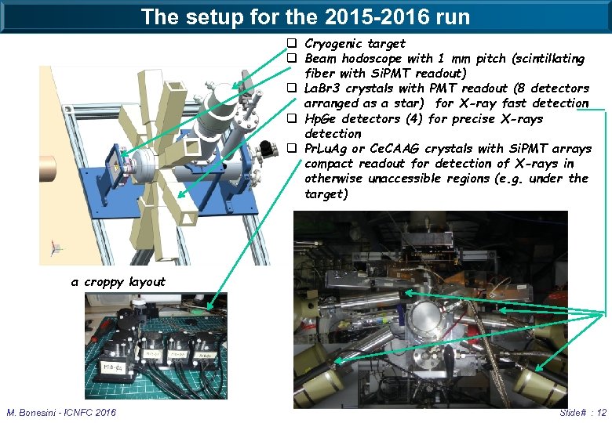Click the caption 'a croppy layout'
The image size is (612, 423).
118,282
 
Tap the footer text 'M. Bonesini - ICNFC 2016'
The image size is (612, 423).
61,412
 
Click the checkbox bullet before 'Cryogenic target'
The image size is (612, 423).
291,44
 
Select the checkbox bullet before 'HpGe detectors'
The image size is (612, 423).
291,119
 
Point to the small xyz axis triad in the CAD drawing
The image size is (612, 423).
54,247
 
